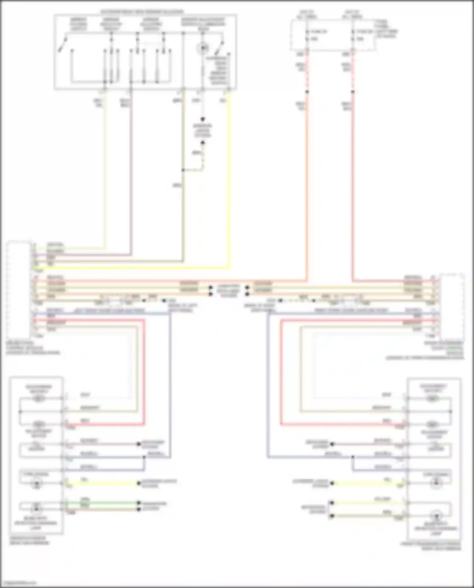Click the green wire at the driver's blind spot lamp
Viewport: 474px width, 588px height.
click(x=101, y=502)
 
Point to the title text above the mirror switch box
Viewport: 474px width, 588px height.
click(x=142, y=12)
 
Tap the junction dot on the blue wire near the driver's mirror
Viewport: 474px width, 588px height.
click(x=144, y=457)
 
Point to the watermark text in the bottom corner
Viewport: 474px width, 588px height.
click(x=18, y=583)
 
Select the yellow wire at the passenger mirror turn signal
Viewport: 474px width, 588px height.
click(x=367, y=483)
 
